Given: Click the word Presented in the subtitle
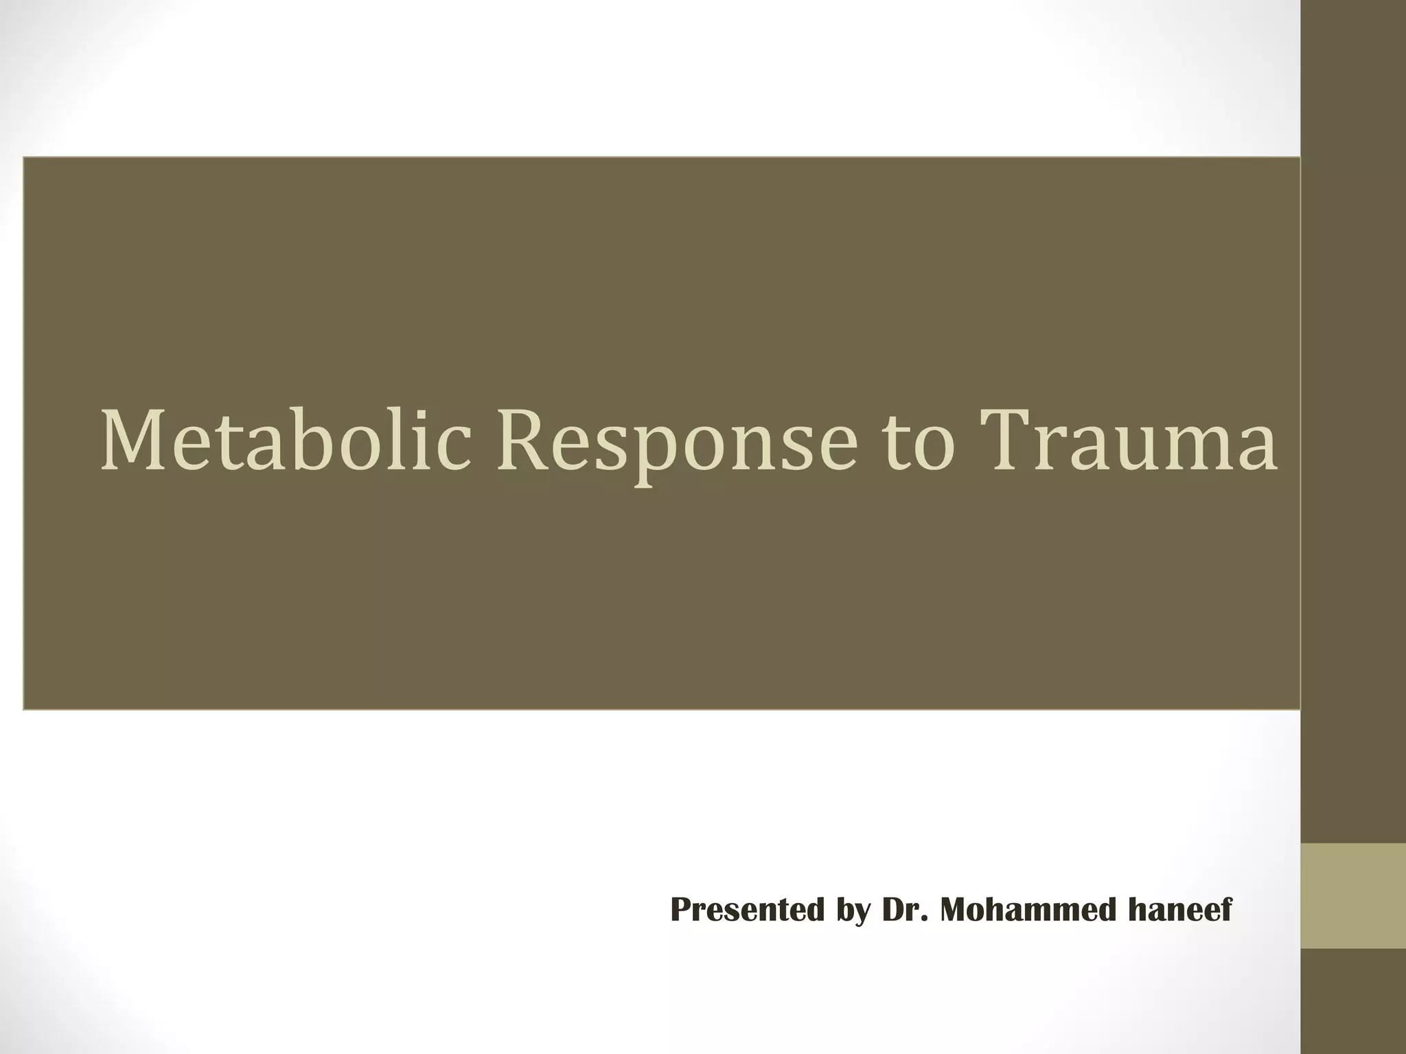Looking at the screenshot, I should point(747,910).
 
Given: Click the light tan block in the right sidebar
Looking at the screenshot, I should point(1353,895).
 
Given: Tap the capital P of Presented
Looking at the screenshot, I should point(682,910).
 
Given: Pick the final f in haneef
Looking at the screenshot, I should point(1226,910).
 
